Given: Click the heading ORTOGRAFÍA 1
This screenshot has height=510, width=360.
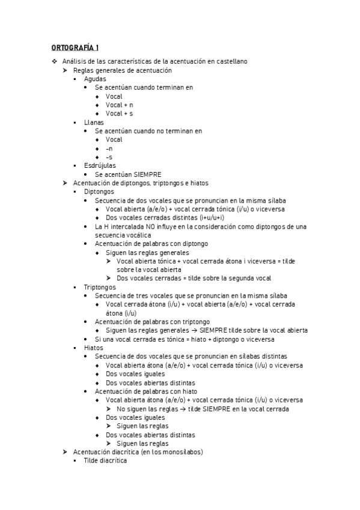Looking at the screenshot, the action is (x=75, y=48).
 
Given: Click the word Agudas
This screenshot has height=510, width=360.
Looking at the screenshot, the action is (x=95, y=79).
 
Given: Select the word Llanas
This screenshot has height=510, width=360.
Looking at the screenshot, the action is (x=94, y=122).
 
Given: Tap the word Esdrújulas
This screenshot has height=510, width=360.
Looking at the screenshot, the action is (x=100, y=165).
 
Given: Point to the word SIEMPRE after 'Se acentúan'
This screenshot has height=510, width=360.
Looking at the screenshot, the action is (x=148, y=174).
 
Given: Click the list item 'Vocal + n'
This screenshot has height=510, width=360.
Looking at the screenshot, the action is (x=119, y=105).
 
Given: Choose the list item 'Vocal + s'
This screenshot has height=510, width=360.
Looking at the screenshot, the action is (x=119, y=113).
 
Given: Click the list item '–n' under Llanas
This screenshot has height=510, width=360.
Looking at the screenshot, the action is (x=109, y=148).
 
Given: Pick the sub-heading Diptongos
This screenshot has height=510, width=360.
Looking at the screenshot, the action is (x=99, y=191).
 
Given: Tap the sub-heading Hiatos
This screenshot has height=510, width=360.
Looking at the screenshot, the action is (x=94, y=348).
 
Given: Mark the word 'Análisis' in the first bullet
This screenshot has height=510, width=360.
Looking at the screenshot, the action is (x=75, y=61).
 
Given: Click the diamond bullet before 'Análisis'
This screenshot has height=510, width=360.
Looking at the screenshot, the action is (x=54, y=61).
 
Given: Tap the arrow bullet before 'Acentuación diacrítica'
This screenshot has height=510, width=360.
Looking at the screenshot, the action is (x=65, y=452).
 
